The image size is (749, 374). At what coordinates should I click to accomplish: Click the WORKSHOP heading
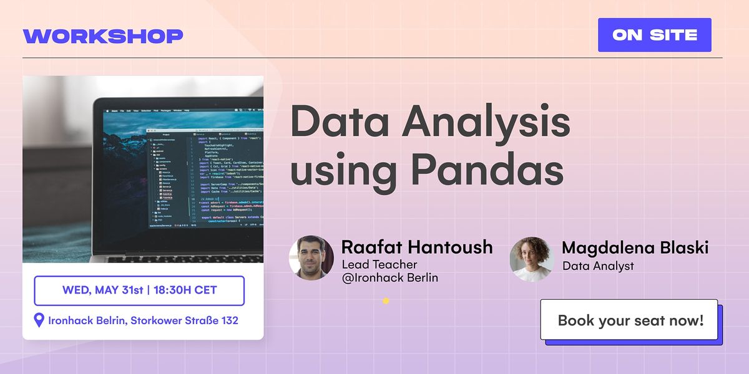click(103, 36)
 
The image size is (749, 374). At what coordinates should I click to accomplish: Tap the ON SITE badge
click(654, 35)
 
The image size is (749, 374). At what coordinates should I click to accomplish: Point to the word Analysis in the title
click(486, 122)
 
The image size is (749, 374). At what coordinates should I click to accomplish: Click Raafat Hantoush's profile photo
click(311, 257)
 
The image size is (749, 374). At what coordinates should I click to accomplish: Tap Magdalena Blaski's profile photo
click(532, 258)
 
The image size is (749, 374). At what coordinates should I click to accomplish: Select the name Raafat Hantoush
click(417, 247)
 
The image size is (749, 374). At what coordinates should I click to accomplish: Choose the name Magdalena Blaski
click(635, 247)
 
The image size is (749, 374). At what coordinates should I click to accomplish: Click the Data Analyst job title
click(597, 266)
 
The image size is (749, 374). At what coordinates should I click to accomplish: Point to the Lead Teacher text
click(379, 265)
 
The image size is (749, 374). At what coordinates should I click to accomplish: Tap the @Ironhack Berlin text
click(389, 278)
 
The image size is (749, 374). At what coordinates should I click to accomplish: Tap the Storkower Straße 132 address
click(184, 321)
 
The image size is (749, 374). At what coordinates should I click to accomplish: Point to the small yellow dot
click(386, 300)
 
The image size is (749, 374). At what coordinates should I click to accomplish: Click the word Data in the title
click(340, 122)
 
